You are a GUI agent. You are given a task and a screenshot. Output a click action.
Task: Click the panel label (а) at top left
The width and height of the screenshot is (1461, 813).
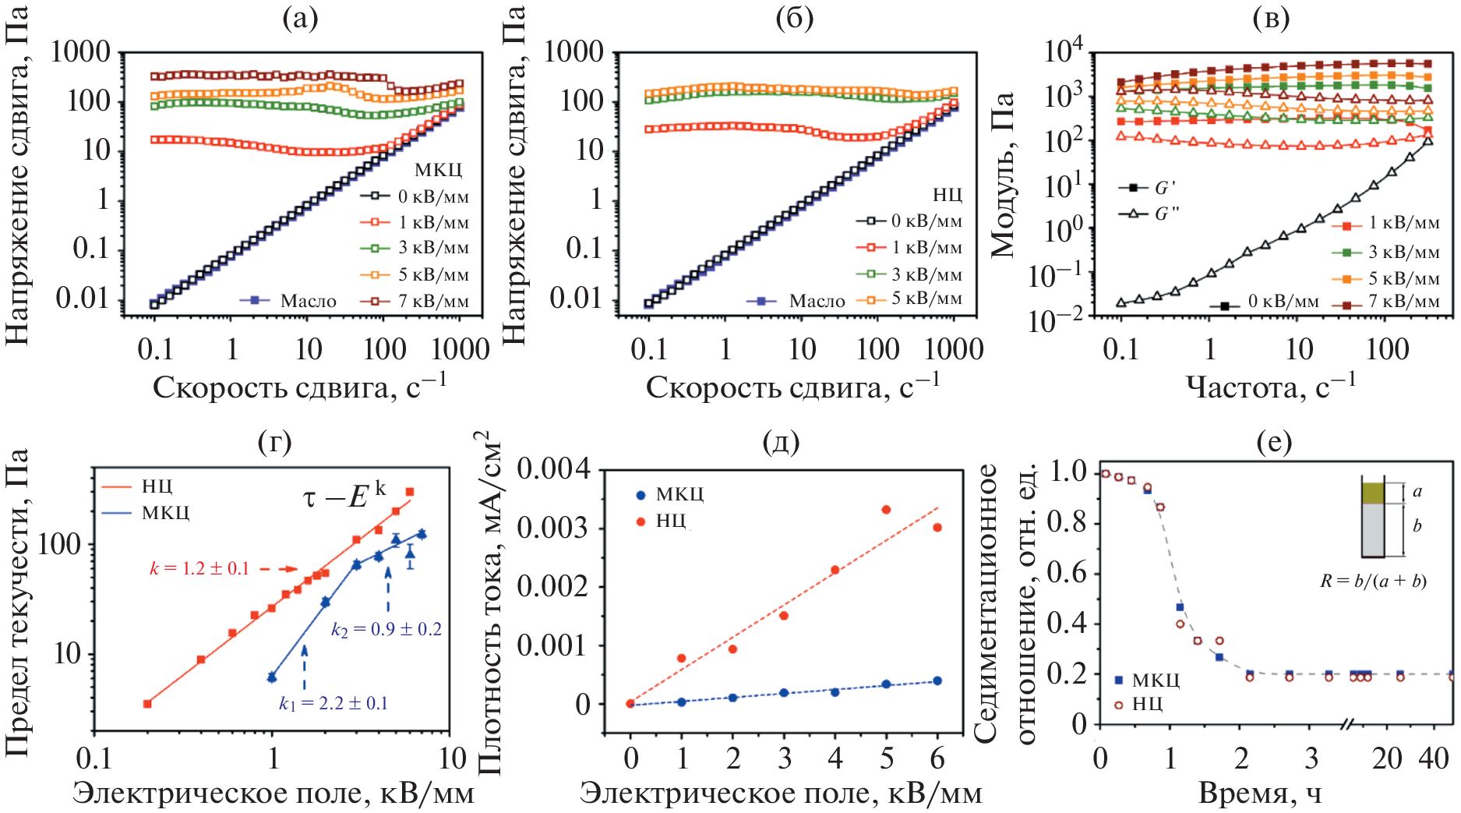pos(300,18)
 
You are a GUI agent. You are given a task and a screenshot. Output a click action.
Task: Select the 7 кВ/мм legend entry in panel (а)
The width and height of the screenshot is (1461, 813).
pos(417,301)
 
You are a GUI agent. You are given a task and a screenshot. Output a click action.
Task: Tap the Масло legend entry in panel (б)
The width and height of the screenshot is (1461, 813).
pos(796,301)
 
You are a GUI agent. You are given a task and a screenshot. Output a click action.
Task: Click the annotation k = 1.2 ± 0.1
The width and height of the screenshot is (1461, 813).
pos(199,568)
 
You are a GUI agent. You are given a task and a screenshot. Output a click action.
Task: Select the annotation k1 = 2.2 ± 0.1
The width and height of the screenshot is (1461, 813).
pos(333,703)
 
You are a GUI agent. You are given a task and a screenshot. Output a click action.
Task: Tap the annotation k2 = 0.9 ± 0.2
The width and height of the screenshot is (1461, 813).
pos(386,629)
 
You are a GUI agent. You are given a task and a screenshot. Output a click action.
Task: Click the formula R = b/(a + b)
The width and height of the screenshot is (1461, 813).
pos(1373,581)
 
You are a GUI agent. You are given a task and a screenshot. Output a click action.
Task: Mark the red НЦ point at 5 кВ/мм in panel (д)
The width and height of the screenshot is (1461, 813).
pos(886,510)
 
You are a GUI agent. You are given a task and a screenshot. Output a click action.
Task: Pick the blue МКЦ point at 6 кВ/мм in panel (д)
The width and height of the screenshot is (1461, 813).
pos(937,680)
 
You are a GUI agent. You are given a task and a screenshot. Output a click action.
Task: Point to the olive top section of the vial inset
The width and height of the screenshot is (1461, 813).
pos(1373,493)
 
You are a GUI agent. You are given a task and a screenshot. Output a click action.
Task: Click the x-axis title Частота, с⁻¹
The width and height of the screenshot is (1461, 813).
pos(1270,385)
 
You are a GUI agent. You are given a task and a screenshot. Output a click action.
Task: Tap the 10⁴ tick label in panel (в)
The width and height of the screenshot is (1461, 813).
pos(1063,51)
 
